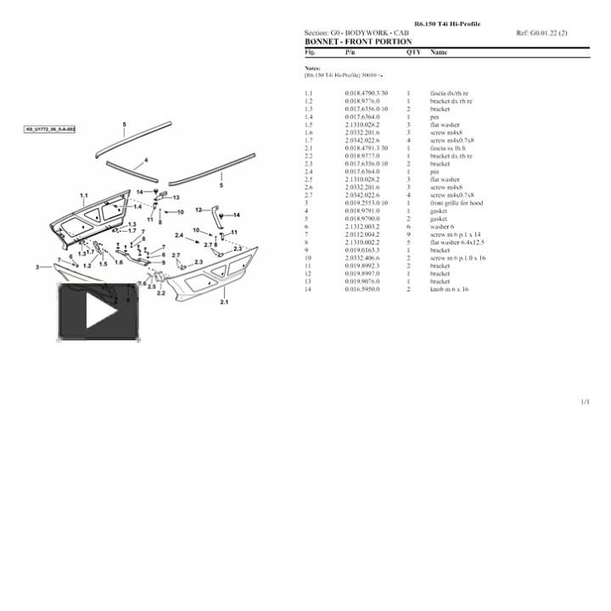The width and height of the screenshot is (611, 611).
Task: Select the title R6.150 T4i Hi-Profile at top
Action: (x=446, y=24)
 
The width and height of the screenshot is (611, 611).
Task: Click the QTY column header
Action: (x=413, y=52)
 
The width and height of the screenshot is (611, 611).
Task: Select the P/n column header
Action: (x=350, y=52)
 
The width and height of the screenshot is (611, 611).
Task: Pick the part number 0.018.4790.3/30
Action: (x=366, y=93)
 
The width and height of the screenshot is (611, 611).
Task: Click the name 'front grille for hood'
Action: (x=457, y=204)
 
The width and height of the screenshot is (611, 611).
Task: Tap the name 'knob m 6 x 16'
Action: (x=449, y=289)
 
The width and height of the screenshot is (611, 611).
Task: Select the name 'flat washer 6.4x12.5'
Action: (x=457, y=243)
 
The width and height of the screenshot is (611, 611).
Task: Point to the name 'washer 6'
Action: (x=442, y=227)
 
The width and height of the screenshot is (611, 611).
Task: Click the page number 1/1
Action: (x=585, y=402)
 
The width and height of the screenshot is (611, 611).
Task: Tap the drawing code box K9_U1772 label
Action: (x=50, y=130)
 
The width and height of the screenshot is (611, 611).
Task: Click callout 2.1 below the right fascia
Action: (x=224, y=302)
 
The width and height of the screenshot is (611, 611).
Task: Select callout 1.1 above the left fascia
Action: (x=83, y=195)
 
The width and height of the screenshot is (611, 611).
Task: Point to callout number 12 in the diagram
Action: (x=199, y=209)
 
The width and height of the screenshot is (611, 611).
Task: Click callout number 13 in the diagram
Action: (x=176, y=197)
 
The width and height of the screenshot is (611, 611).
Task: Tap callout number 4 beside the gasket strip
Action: (x=146, y=160)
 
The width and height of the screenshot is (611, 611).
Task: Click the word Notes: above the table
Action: (x=312, y=68)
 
